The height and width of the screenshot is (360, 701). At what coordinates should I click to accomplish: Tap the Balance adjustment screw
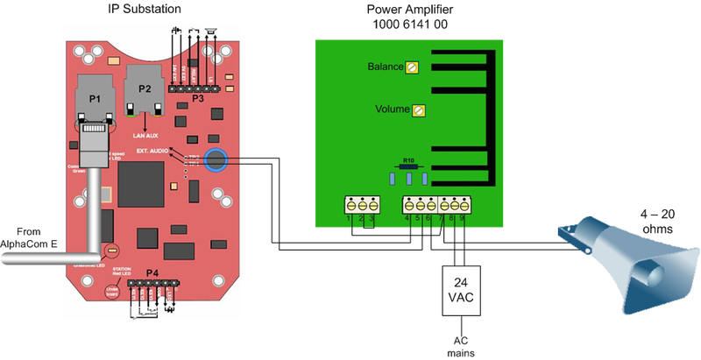pyautogui.click(x=412, y=67)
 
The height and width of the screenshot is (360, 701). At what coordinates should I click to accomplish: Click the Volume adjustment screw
pyautogui.click(x=418, y=110)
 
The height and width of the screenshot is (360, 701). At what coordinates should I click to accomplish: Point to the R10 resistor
pyautogui.click(x=408, y=169)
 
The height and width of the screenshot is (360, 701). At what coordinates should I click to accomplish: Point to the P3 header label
pyautogui.click(x=200, y=98)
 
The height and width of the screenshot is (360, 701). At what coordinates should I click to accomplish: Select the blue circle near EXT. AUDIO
pyautogui.click(x=215, y=160)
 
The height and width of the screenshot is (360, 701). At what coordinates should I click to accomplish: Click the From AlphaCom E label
pyautogui.click(x=25, y=236)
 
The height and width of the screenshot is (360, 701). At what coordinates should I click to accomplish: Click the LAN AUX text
pyautogui.click(x=144, y=134)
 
